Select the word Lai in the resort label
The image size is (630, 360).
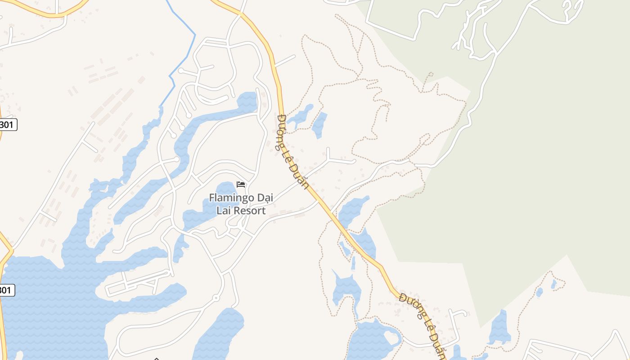pyautogui.click(x=224, y=211)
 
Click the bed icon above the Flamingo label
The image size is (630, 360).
pyautogui.click(x=241, y=184)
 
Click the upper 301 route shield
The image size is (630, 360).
pyautogui.click(x=7, y=125)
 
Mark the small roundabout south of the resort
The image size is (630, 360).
pyautogui.click(x=216, y=298)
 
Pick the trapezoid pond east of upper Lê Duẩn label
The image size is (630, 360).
pyautogui.click(x=319, y=124)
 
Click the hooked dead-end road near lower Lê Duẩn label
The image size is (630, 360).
pyautogui.click(x=457, y=315)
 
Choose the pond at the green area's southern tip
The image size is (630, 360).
pyautogui.click(x=500, y=328)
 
